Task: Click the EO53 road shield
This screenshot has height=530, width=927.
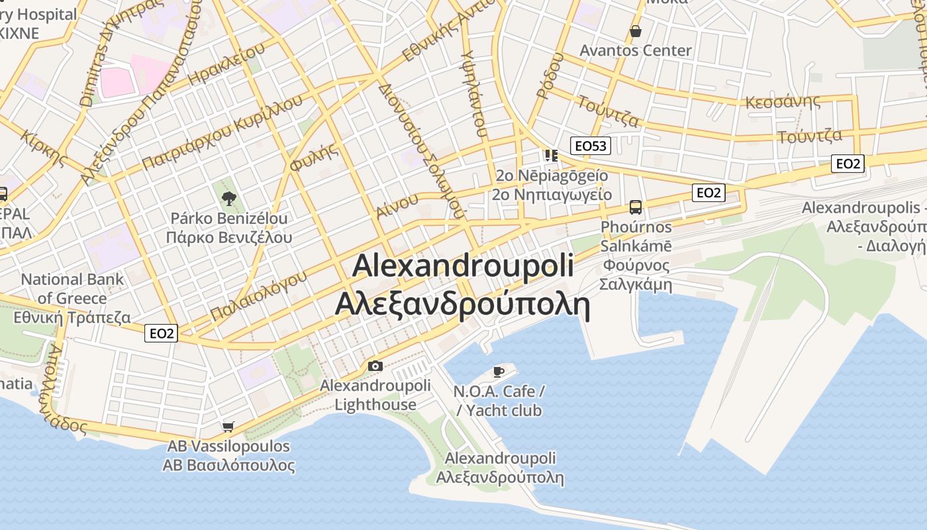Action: pos(591,146)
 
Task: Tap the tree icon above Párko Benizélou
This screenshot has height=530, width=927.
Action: pos(229,197)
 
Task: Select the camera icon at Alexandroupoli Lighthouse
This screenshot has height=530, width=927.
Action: pos(375,366)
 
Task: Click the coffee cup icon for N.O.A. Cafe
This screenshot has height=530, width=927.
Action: pos(499,372)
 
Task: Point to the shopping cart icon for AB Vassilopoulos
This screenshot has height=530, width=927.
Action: pos(228,427)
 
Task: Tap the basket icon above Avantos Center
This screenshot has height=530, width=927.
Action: pos(636,31)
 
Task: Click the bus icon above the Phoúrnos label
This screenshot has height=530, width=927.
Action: pos(636,207)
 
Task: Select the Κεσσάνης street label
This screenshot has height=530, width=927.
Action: pos(783,102)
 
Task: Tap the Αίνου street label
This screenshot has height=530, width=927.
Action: pos(397,205)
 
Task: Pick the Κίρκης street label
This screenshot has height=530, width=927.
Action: pos(44,148)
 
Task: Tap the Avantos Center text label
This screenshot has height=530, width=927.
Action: pos(636,50)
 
